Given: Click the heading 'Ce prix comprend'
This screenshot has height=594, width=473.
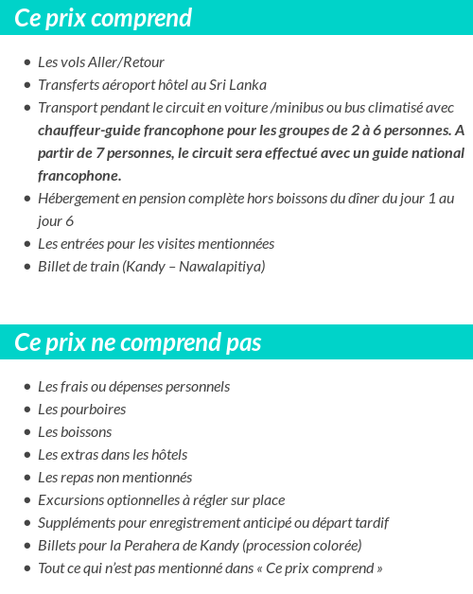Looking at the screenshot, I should (103, 18).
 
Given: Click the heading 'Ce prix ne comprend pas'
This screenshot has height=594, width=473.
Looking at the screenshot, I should (138, 341).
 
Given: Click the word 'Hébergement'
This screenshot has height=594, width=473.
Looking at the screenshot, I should (79, 199).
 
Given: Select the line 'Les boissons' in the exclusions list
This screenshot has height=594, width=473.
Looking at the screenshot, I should (75, 432).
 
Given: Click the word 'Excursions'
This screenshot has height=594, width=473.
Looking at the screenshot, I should (70, 500).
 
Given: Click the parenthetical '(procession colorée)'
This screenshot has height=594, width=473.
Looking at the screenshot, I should (302, 546).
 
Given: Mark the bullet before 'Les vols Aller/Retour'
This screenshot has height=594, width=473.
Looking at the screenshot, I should (26, 63).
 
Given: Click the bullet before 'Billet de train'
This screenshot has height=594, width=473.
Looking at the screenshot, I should (26, 268).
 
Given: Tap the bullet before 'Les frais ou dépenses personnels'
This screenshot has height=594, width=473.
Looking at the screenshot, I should (26, 388).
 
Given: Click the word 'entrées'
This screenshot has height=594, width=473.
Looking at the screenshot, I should (83, 244).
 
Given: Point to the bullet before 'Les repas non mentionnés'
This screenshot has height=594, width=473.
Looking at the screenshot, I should (26, 479).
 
